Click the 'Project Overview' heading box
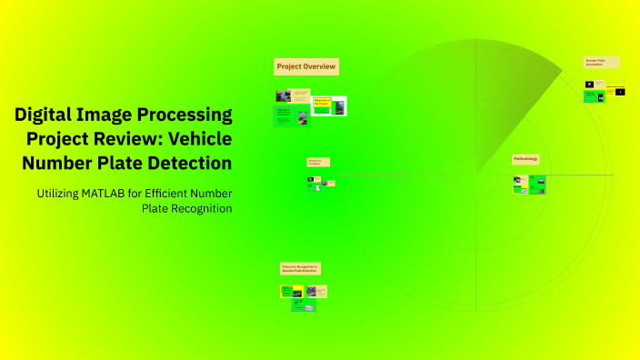[x=306, y=66]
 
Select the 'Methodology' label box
[x=525, y=159]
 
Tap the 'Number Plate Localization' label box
[x=601, y=63]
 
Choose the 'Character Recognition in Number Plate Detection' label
[x=300, y=269]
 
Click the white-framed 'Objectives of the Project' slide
[x=329, y=105]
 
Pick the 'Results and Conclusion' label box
[x=318, y=162]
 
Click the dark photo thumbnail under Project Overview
[x=283, y=95]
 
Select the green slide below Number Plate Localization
[x=593, y=95]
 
